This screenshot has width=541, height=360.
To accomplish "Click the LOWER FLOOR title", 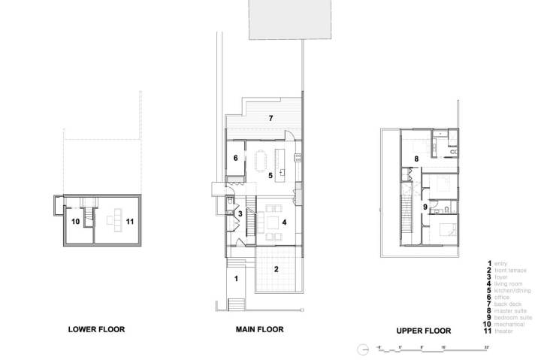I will (x=96, y=328).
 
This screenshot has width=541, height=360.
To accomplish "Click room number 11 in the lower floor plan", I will (x=130, y=222).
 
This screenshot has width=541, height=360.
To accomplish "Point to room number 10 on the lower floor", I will (x=76, y=222).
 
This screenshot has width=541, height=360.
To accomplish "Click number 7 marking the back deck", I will (x=270, y=119).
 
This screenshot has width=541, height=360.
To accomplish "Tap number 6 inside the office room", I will (x=235, y=158).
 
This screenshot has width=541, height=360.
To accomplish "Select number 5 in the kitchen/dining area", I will (x=271, y=175).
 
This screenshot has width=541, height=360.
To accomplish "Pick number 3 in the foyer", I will (x=240, y=214).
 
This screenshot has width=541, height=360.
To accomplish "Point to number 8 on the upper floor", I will (x=416, y=159).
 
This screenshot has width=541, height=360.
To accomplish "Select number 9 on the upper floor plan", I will (x=425, y=207).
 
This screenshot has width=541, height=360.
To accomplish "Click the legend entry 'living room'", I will (x=509, y=283).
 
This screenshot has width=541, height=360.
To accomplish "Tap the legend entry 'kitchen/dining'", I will (x=512, y=290).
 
